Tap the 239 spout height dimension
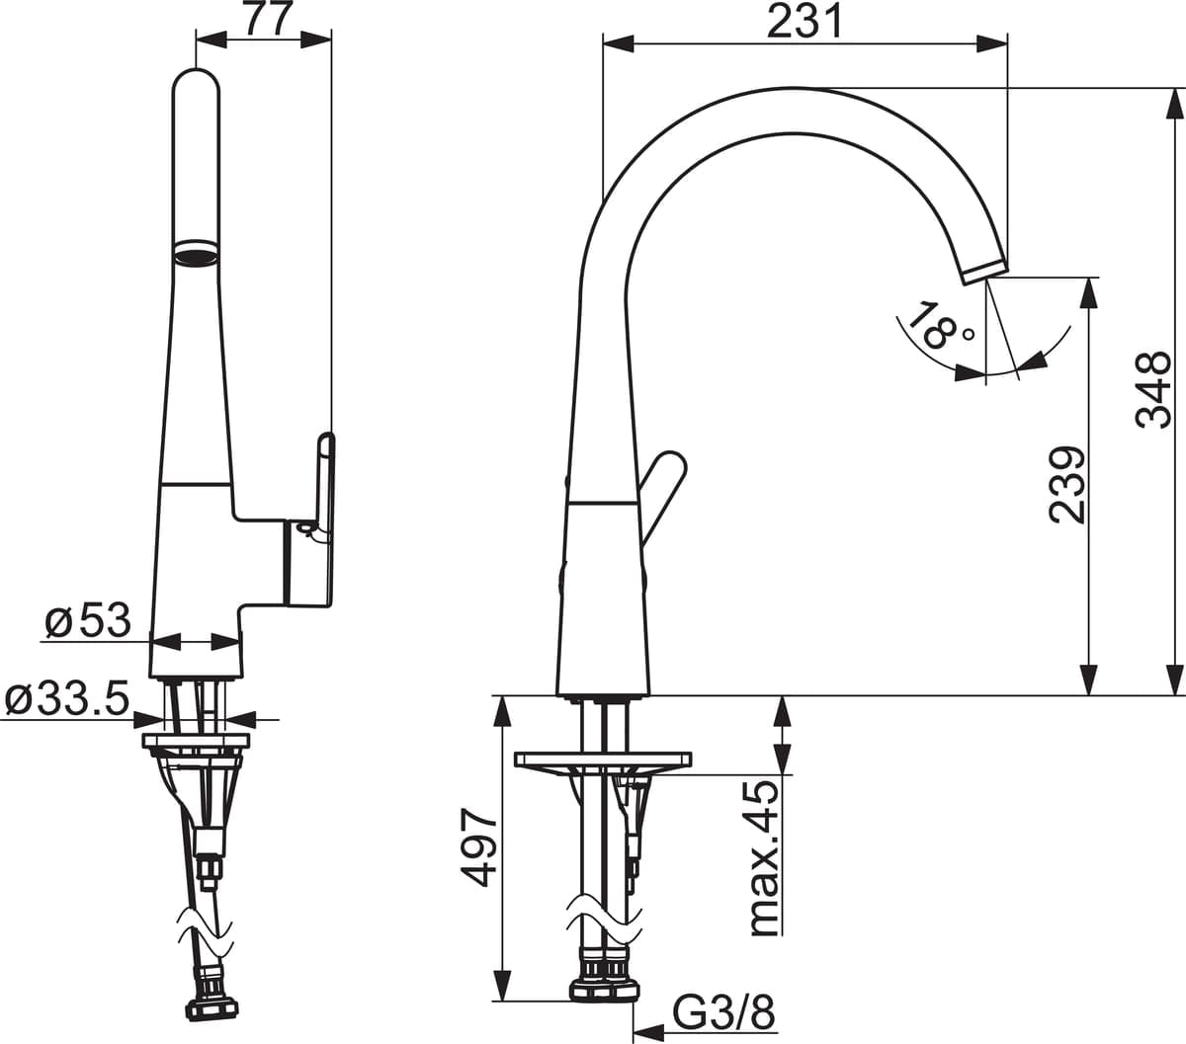coord(1066,484)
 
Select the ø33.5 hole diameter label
coord(67,699)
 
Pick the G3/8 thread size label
coord(722,1012)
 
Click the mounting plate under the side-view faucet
coord(602,761)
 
